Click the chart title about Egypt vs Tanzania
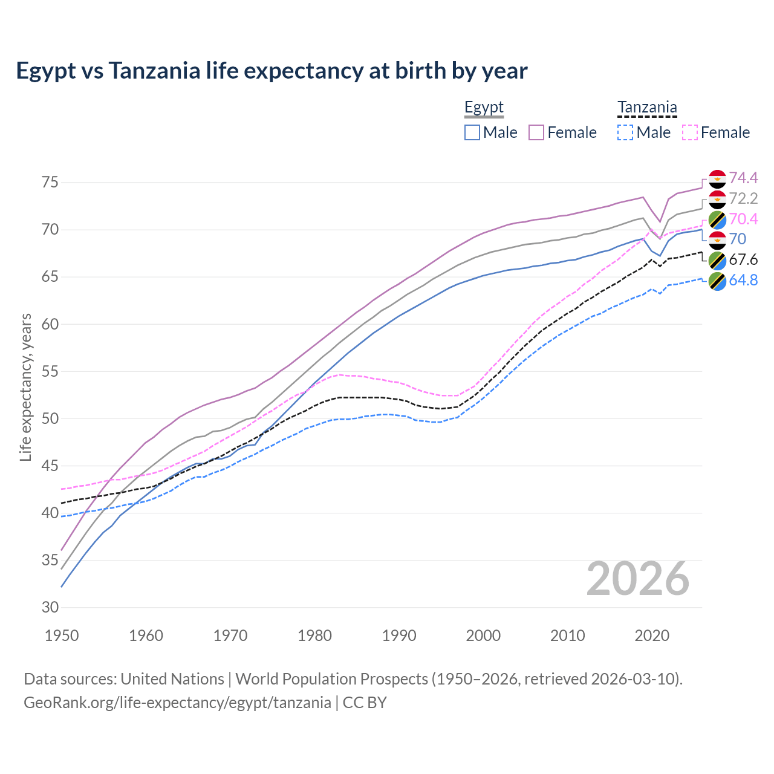[272, 71]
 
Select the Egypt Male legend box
[472, 132]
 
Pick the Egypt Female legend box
[537, 132]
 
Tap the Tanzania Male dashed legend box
[625, 132]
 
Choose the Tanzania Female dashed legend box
[690, 132]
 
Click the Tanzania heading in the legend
[647, 108]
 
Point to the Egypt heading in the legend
[484, 108]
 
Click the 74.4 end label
[743, 178]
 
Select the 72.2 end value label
[743, 198]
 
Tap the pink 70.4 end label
[743, 219]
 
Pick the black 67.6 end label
[743, 260]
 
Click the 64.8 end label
[743, 281]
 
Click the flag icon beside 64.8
[717, 281]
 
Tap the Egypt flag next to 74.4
[717, 178]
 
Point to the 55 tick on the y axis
[50, 371]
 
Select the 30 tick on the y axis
[50, 607]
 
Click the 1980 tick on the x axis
[314, 636]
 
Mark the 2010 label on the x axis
[567, 636]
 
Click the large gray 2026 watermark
[638, 579]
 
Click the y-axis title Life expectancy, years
[25, 387]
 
